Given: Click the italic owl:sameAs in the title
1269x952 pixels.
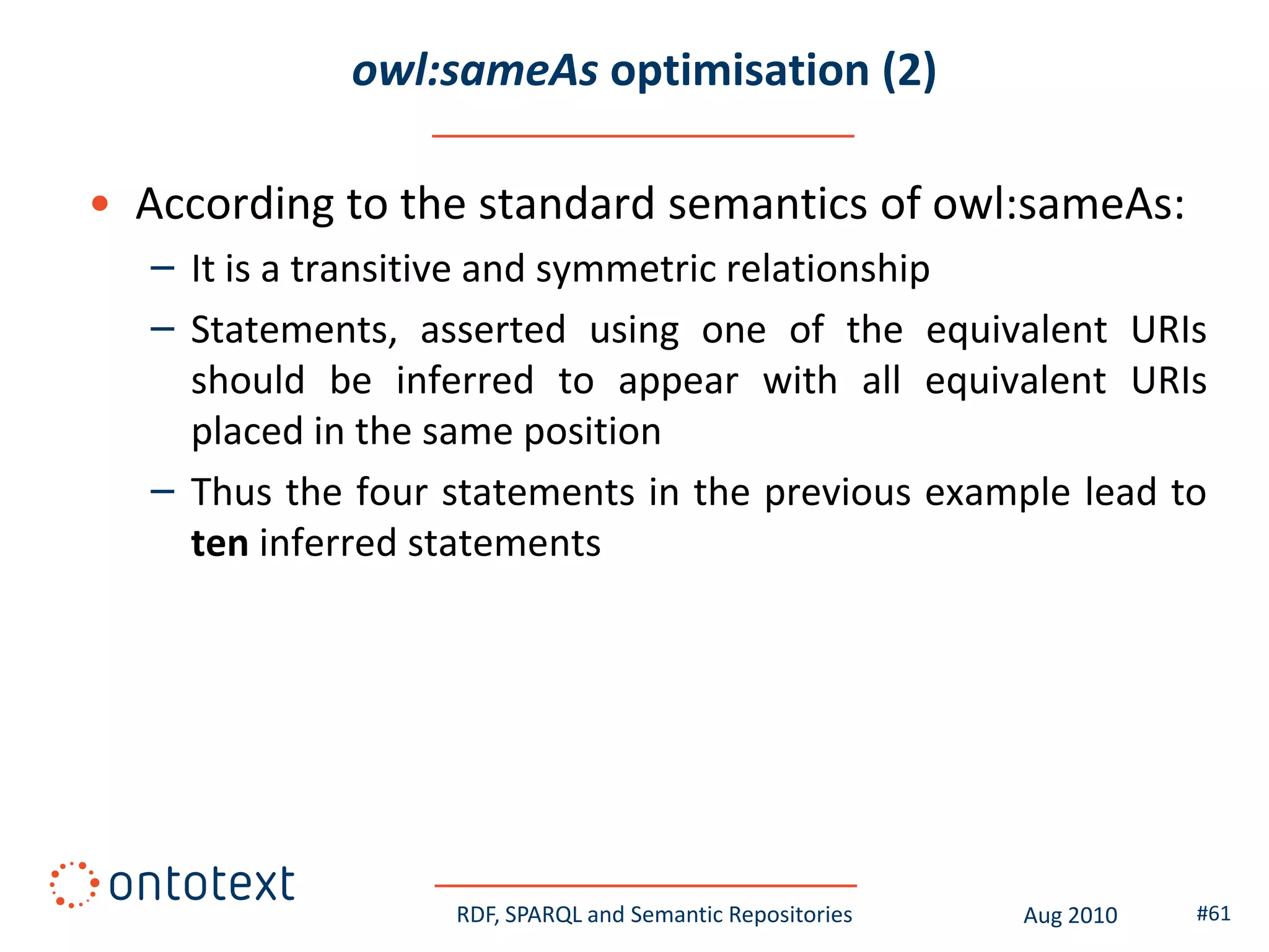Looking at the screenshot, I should (x=474, y=70).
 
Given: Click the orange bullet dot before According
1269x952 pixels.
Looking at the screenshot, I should (x=100, y=203).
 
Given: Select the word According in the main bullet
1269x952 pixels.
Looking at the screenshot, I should (x=234, y=205).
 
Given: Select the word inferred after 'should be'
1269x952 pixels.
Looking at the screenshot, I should (x=465, y=381).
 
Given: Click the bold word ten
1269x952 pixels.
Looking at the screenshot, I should (x=219, y=544).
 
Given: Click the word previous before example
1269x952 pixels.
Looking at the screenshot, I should (x=837, y=493).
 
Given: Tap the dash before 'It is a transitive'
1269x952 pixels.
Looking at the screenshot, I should (x=162, y=268).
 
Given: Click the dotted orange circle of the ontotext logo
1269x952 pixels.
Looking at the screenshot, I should (x=74, y=884).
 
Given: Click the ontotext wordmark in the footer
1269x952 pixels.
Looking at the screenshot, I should (x=201, y=884).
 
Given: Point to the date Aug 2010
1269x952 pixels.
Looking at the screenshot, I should (x=1069, y=915).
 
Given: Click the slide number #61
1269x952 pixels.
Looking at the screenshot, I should (x=1213, y=914).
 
